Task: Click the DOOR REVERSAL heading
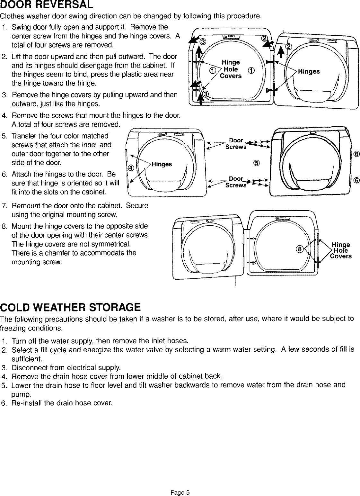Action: tap(47, 5)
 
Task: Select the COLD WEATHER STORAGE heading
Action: tap(70, 307)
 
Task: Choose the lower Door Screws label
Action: tap(236, 182)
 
